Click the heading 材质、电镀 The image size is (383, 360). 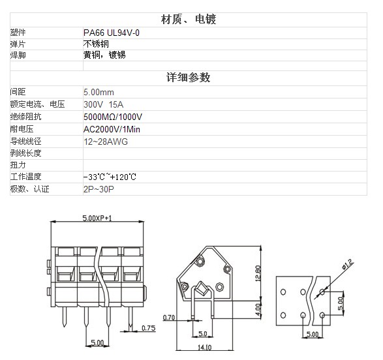click(189, 20)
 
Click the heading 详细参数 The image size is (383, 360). click(189, 78)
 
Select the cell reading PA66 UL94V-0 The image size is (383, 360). click(112, 33)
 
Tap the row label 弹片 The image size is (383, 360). click(18, 44)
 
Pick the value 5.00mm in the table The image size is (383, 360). click(99, 92)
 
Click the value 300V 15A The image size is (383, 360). click(103, 104)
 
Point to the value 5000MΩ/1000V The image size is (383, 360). click(113, 117)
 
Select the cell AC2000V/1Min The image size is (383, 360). click(112, 129)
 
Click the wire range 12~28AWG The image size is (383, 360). click(106, 142)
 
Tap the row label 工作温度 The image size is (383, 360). click(25, 177)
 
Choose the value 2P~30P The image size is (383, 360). click(99, 189)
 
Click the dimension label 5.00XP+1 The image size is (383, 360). click(97, 218)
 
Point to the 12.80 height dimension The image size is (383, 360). click(258, 273)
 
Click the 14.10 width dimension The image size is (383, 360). click(204, 348)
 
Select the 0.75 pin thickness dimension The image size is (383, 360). click(149, 328)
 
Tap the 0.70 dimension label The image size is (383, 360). click(169, 318)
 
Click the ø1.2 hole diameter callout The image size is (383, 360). click(348, 264)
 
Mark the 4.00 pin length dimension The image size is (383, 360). click(258, 310)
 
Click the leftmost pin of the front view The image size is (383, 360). click(65, 316)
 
